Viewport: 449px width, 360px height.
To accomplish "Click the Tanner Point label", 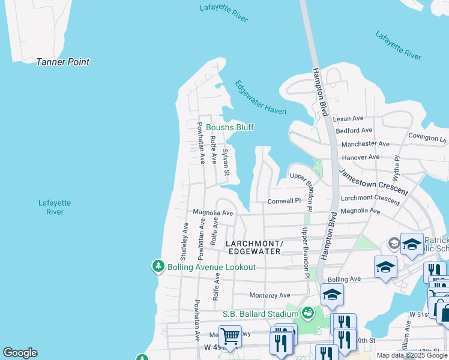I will (x=62, y=62).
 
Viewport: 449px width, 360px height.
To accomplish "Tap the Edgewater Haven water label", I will (x=261, y=98).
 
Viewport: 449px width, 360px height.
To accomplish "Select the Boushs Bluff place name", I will (x=230, y=127).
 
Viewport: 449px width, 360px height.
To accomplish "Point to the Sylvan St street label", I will (x=226, y=163).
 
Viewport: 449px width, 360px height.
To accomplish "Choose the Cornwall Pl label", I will (x=283, y=201).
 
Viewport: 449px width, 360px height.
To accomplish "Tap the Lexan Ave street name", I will (x=348, y=119).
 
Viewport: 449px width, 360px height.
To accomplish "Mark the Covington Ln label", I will (x=427, y=138).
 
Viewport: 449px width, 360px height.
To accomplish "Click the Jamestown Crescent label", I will (x=373, y=182).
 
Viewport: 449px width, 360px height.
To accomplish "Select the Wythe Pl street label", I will (x=396, y=168).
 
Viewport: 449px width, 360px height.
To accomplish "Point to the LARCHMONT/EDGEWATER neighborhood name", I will (x=253, y=247).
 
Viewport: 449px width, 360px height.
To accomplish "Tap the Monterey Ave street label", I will (x=270, y=295).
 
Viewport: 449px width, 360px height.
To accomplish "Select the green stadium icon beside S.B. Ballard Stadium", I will (x=307, y=313).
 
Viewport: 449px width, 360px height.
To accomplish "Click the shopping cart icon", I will (x=230, y=335).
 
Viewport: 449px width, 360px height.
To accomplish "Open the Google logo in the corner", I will (x=20, y=353).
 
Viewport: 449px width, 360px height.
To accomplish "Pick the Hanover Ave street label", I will (x=360, y=157).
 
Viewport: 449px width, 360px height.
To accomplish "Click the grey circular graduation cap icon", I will (x=394, y=243).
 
